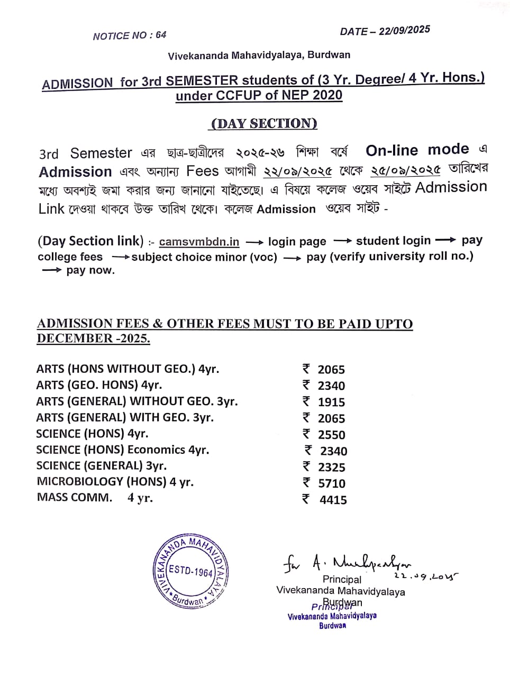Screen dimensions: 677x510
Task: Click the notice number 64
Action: tap(161, 35)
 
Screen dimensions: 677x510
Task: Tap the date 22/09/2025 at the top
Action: tap(404, 30)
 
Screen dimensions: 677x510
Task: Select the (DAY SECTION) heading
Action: tap(264, 123)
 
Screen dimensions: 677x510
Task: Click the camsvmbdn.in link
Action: tap(199, 242)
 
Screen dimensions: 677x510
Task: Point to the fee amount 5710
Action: tap(331, 483)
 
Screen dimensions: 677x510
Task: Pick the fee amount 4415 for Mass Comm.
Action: tap(333, 500)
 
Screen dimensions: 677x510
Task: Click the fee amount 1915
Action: tap(331, 402)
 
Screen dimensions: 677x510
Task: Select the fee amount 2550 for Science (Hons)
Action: tap(331, 435)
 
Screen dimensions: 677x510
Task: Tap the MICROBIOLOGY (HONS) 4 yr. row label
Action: tap(115, 482)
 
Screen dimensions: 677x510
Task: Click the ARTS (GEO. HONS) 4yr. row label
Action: tap(99, 385)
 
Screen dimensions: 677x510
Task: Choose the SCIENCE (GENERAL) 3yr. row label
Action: tap(101, 466)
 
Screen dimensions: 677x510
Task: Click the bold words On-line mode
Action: tap(417, 150)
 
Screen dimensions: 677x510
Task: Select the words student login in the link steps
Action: tap(393, 241)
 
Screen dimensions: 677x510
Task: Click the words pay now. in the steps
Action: tap(90, 270)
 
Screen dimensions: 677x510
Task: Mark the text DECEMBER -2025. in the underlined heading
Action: tap(93, 338)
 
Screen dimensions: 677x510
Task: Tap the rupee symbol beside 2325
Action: tap(306, 466)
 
